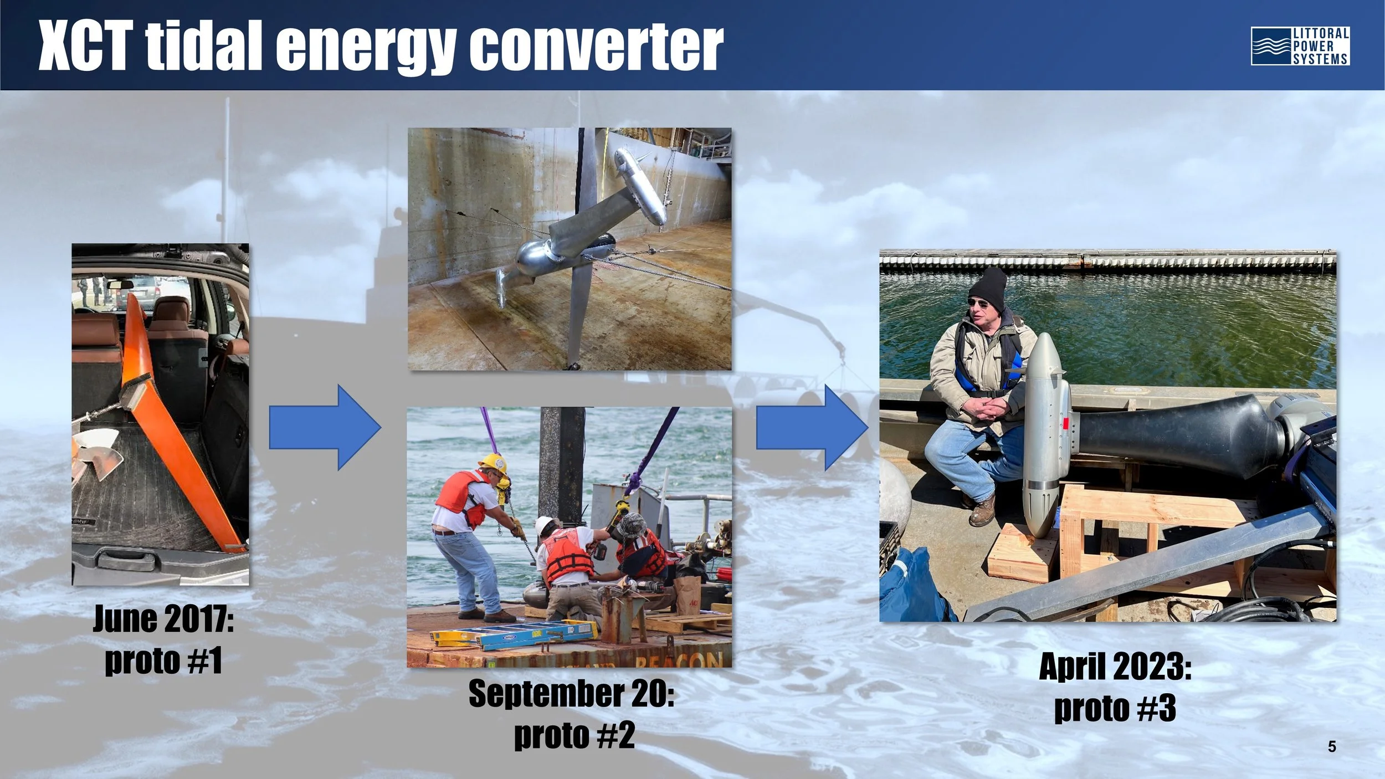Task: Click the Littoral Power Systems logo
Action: [x=1300, y=46]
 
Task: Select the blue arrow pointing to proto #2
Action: [x=325, y=427]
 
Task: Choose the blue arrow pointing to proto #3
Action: [x=812, y=427]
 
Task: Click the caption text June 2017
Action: [x=163, y=619]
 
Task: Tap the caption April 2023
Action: [x=1115, y=666]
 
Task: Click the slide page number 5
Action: [x=1332, y=747]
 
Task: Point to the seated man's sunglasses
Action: [x=980, y=303]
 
